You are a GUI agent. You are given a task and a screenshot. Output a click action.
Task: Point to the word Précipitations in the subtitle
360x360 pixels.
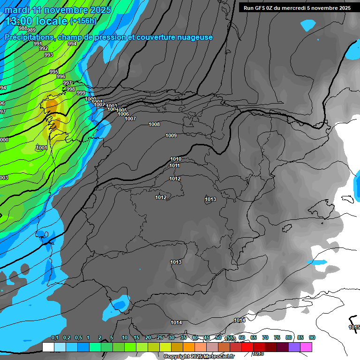pyautogui.click(x=28, y=37)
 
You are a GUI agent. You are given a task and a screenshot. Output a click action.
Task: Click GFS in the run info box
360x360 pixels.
pyautogui.click(x=262, y=7)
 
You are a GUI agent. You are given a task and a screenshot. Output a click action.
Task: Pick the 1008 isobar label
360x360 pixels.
pyautogui.click(x=154, y=124)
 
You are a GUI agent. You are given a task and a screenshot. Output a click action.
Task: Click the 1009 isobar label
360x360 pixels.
pyautogui.click(x=171, y=135)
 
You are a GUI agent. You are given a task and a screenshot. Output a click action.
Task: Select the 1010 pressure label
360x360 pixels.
pyautogui.click(x=176, y=159)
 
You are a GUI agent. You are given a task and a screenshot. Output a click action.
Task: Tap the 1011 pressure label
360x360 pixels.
pyautogui.click(x=175, y=165)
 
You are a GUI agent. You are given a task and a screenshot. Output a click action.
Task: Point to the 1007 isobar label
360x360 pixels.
pyautogui.click(x=130, y=119)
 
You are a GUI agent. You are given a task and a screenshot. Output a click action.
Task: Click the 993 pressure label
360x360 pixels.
pyautogui.click(x=48, y=55)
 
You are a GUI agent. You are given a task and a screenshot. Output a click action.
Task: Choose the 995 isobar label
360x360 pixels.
pyautogui.click(x=54, y=72)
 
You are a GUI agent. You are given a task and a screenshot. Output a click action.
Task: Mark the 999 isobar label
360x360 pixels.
pyautogui.click(x=81, y=93)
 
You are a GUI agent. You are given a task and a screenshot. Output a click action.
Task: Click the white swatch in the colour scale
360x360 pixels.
pyautogui.click(x=48, y=347)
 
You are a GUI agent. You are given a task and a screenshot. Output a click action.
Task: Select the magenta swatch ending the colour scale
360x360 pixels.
pyautogui.click(x=306, y=347)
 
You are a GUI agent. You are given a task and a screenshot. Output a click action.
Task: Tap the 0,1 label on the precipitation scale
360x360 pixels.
pyautogui.click(x=55, y=337)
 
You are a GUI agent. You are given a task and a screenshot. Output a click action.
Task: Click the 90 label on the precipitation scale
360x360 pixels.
pyautogui.click(x=312, y=337)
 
